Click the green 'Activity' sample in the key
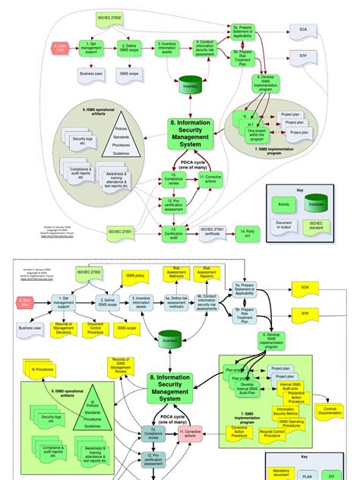(x=284, y=204)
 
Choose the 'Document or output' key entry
(x=284, y=226)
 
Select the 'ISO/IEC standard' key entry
(x=315, y=226)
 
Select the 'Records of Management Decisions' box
(x=64, y=327)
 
